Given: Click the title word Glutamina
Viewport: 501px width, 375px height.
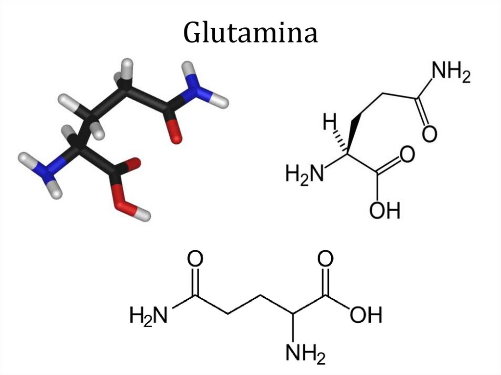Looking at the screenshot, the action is (250, 33).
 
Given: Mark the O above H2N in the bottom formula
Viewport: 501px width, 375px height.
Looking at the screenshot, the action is (196, 260).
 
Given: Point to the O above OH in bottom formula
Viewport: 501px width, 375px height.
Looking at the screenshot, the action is (325, 260).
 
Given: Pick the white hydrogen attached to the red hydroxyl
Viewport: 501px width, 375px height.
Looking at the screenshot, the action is (143, 214).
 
